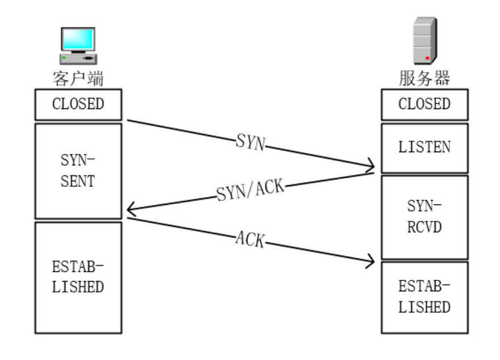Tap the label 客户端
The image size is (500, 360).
tap(78, 78)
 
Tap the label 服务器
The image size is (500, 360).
tap(424, 78)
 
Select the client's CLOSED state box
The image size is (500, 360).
tap(78, 104)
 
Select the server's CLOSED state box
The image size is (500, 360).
tap(424, 104)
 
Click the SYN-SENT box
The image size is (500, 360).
tap(78, 170)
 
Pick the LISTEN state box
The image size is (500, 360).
tap(424, 147)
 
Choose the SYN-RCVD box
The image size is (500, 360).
tap(424, 217)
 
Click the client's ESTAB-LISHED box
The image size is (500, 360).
tap(78, 277)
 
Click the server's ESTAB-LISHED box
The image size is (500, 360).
tap(424, 297)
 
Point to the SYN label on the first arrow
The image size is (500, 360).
tap(250, 142)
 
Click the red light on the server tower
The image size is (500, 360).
tap(427, 57)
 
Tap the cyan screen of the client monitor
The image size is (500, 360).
tap(78, 38)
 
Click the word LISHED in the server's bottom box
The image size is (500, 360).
tap(424, 307)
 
